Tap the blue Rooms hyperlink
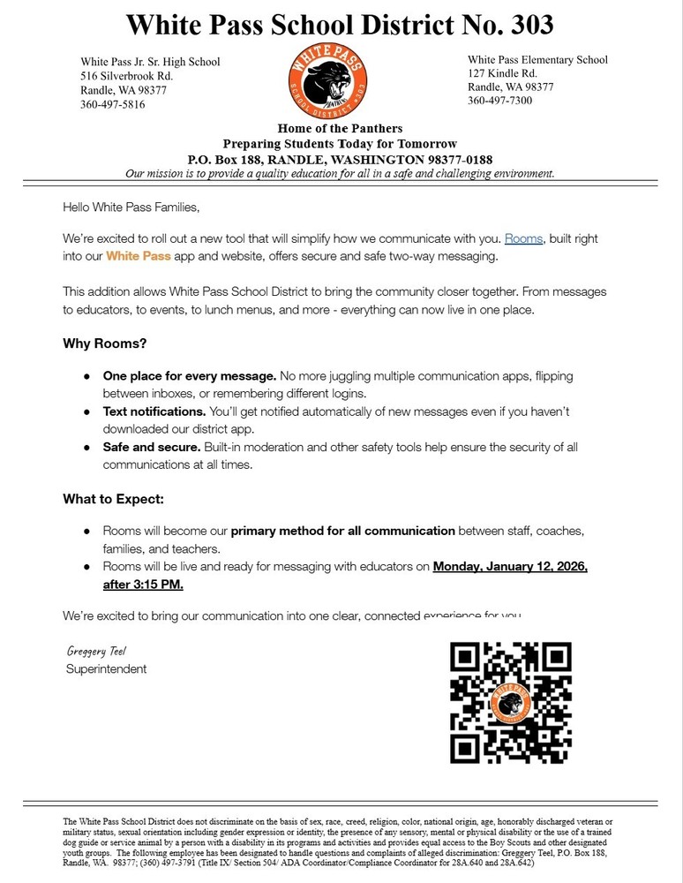click(x=523, y=238)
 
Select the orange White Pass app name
click(x=138, y=256)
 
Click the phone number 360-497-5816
click(x=113, y=104)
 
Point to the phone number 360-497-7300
click(x=500, y=101)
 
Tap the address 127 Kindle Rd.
click(x=502, y=73)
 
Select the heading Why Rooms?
click(x=104, y=343)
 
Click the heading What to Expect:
click(x=113, y=499)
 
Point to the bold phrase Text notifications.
click(x=154, y=411)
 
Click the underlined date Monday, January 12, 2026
click(x=509, y=566)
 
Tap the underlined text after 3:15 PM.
click(x=143, y=585)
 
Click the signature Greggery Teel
click(x=97, y=651)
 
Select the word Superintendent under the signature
click(x=106, y=669)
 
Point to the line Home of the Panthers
click(x=340, y=129)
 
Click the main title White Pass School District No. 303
click(x=340, y=25)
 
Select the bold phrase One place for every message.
click(x=190, y=375)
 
